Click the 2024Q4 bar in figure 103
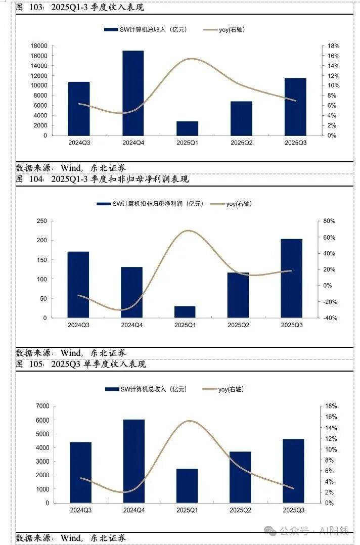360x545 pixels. click(133, 93)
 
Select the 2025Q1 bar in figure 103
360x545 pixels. click(187, 128)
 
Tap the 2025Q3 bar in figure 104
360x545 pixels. click(292, 279)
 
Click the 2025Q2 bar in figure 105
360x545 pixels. click(240, 477)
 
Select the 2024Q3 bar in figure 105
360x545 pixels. click(81, 472)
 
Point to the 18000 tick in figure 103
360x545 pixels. click(39, 46)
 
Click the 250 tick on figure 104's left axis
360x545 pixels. click(42, 221)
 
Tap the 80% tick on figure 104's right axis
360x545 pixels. click(329, 221)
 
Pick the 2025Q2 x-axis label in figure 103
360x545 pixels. click(241, 143)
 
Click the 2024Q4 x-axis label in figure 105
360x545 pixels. click(134, 511)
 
